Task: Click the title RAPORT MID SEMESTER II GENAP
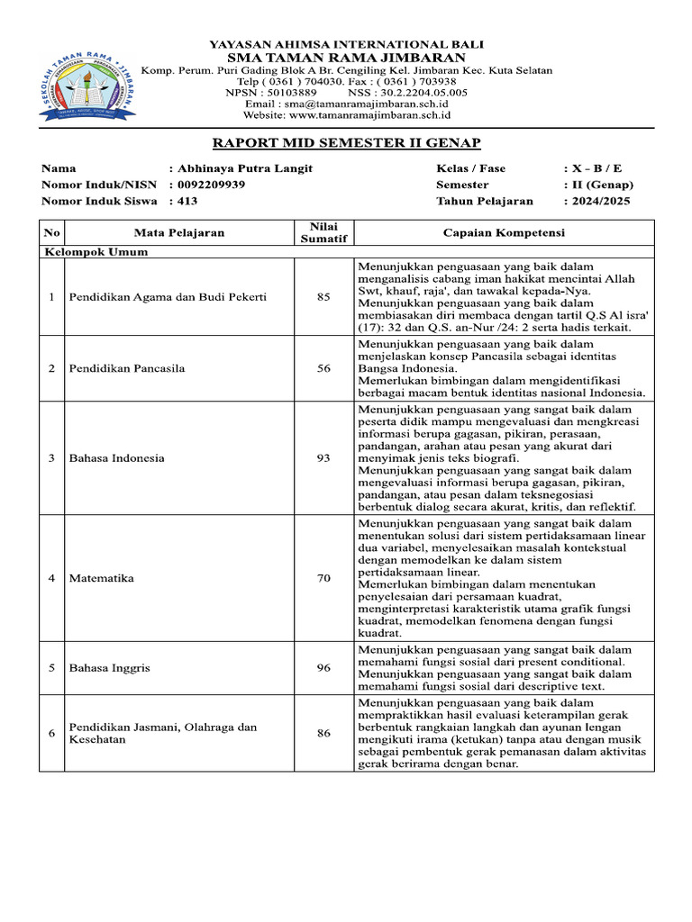[x=346, y=142]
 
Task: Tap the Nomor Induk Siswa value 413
[x=188, y=201]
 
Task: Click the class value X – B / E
[x=596, y=168]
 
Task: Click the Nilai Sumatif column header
[x=323, y=232]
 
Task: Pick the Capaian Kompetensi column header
[x=504, y=232]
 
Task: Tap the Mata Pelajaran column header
[x=179, y=232]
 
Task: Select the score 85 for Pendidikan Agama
[x=323, y=297]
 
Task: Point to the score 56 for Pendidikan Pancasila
[x=323, y=368]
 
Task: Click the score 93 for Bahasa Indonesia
[x=323, y=458]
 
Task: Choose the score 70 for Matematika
[x=323, y=578]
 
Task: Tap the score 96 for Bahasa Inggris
[x=323, y=668]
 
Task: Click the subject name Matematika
[x=102, y=578]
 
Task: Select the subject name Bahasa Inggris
[x=110, y=668]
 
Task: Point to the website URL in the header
[x=347, y=115]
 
